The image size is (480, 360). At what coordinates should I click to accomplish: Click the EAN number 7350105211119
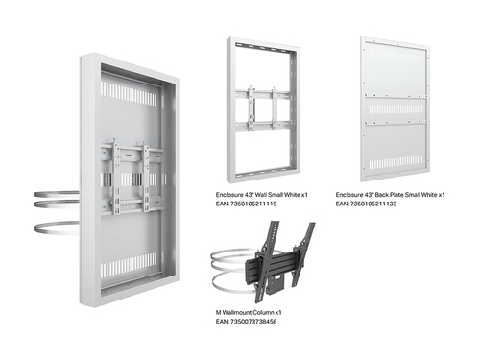pyautogui.click(x=253, y=204)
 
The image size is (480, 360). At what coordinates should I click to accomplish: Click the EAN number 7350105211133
pyautogui.click(x=373, y=204)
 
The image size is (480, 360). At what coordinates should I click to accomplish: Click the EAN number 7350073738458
pyautogui.click(x=253, y=322)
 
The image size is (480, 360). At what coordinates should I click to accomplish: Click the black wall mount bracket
pyautogui.click(x=279, y=262)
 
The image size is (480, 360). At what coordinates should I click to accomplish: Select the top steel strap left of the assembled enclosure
pyautogui.click(x=56, y=194)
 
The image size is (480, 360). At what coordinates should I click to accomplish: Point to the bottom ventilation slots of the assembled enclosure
pyautogui.click(x=129, y=265)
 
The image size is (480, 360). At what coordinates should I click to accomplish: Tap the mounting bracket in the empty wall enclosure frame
pyautogui.click(x=263, y=108)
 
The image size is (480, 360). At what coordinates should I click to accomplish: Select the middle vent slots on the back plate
pyautogui.click(x=396, y=108)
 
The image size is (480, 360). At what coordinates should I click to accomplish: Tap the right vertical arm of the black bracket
pyautogui.click(x=301, y=252)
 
